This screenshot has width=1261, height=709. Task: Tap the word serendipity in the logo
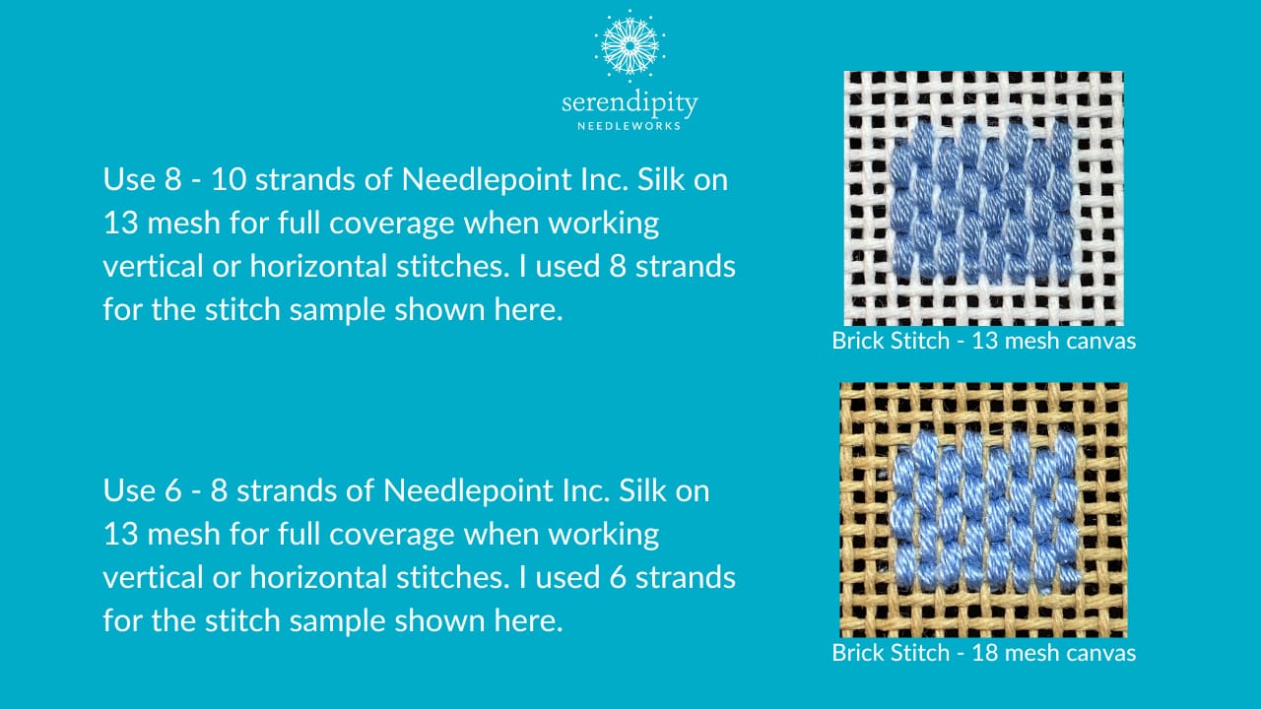(630, 102)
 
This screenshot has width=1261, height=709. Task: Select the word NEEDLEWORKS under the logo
(630, 125)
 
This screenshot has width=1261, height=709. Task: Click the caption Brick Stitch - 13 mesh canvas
(983, 342)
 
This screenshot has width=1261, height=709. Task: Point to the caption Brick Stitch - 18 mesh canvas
(983, 653)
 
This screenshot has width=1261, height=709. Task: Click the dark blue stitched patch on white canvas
(981, 201)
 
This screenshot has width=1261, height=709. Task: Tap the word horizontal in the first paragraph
(413, 267)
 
